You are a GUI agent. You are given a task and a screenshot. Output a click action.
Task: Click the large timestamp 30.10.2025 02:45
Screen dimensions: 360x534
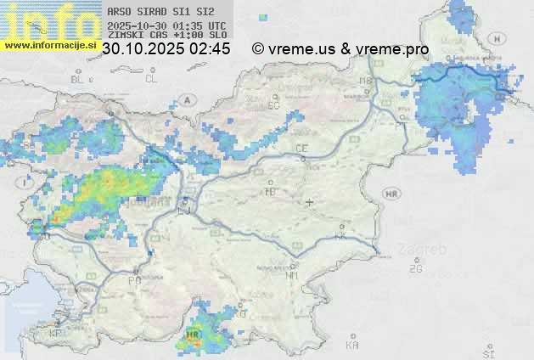(x=166, y=50)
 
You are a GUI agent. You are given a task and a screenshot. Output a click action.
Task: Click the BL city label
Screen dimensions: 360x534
(x=79, y=79)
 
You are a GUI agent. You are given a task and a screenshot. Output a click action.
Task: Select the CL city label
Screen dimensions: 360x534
(x=151, y=79)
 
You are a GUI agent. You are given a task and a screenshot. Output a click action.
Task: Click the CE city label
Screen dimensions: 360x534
(x=301, y=149)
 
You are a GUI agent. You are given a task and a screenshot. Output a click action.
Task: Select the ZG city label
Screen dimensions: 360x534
(x=415, y=269)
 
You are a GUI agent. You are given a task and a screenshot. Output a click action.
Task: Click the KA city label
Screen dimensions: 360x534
(x=352, y=346)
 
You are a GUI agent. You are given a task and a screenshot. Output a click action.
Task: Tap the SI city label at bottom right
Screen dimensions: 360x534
(x=488, y=352)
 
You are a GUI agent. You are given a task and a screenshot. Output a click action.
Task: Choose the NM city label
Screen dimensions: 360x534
(x=293, y=275)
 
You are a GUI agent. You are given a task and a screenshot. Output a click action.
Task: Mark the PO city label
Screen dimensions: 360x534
(x=134, y=279)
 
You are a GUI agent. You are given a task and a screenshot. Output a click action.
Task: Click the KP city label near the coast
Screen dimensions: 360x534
(x=56, y=333)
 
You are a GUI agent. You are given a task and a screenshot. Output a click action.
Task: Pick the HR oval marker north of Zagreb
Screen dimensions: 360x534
(x=391, y=194)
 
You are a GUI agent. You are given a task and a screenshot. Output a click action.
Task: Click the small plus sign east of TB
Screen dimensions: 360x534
(x=309, y=203)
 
